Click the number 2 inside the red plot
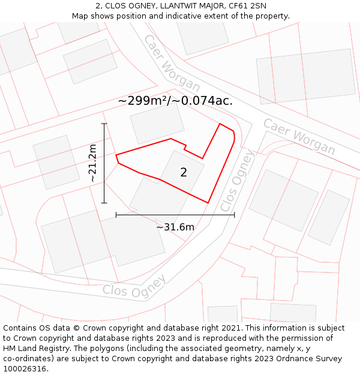tap(184, 173)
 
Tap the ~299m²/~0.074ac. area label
tap(175, 101)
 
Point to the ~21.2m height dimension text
tap(92, 163)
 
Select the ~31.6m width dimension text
tap(175, 227)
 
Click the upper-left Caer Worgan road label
tap(171, 63)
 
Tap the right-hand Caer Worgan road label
tap(299, 136)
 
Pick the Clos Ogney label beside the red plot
tap(238, 180)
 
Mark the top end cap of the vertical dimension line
tap(104, 124)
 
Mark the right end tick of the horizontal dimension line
tap(235, 214)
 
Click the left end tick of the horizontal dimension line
tap(116, 214)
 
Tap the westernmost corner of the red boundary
tap(116, 155)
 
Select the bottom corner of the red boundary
tap(208, 203)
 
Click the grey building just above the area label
tap(157, 123)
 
